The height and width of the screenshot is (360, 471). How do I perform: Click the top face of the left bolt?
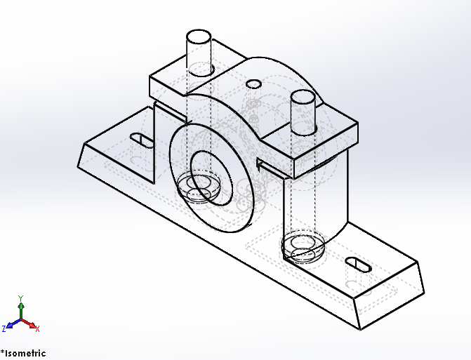[198, 37]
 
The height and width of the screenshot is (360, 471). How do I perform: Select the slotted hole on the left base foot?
[142, 140]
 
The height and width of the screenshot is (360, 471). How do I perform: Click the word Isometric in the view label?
[26, 353]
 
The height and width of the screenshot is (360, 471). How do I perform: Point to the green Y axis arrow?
[21, 307]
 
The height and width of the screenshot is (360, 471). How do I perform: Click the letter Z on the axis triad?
[4, 328]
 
